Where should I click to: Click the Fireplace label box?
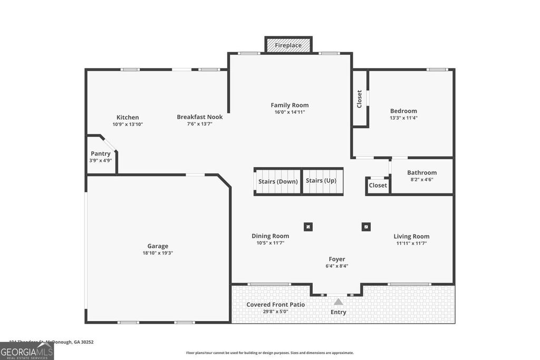click(288, 45)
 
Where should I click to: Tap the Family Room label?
click(290, 105)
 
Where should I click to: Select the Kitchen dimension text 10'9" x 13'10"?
click(128, 124)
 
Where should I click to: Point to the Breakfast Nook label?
click(199, 117)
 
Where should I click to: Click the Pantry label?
click(100, 153)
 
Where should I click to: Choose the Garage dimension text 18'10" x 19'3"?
click(158, 253)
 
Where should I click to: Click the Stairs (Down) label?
click(278, 181)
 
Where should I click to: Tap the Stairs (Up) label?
click(321, 181)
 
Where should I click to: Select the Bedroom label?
click(403, 111)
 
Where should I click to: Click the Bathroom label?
click(422, 172)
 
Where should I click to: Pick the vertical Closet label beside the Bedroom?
click(360, 99)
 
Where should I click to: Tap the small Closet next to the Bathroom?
click(378, 186)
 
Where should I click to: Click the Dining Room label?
click(270, 236)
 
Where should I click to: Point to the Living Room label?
click(411, 237)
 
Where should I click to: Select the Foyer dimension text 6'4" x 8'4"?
click(337, 266)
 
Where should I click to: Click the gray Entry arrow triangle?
click(338, 302)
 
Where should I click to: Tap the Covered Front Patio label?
click(275, 305)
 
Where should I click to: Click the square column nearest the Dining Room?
click(308, 227)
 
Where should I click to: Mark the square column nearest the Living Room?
click(366, 227)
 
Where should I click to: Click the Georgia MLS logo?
click(27, 351)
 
